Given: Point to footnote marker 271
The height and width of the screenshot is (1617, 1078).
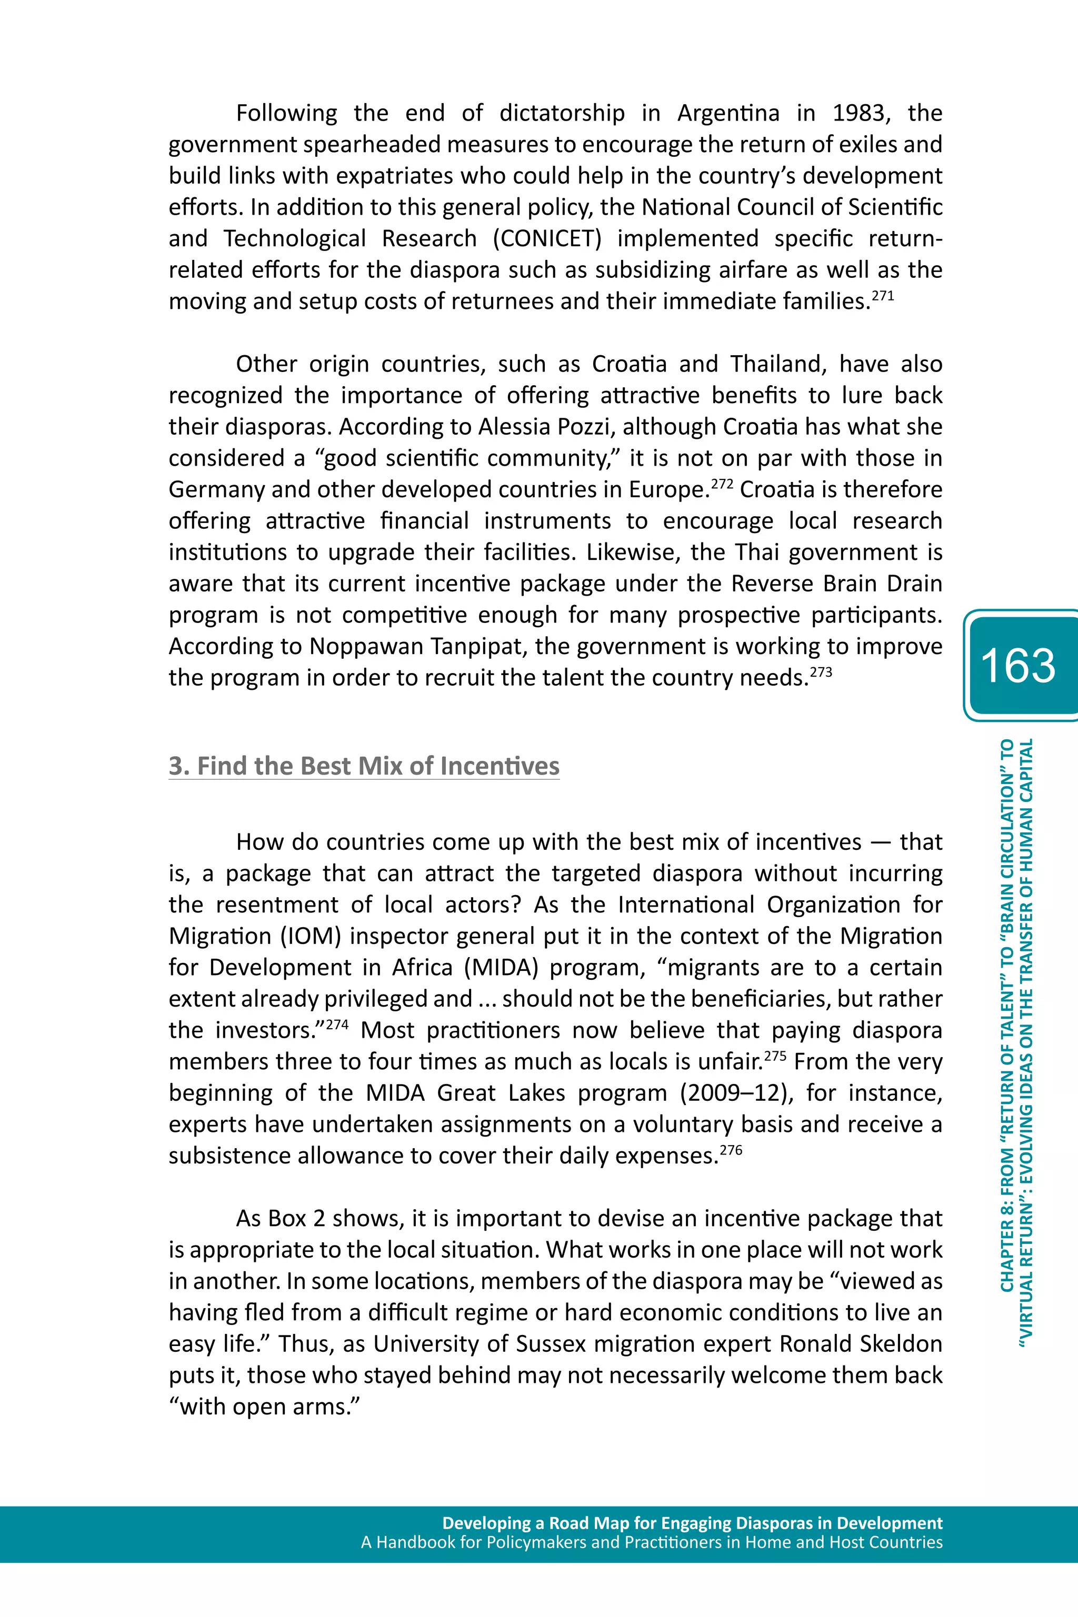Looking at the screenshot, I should coord(883,296).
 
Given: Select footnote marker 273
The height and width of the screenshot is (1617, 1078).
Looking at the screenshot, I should coord(821,672).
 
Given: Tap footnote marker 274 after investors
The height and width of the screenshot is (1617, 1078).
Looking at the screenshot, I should coord(337,1024).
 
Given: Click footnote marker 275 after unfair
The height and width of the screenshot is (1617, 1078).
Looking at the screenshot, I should coord(775,1056).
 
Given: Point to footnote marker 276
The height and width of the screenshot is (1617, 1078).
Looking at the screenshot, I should coord(731,1150).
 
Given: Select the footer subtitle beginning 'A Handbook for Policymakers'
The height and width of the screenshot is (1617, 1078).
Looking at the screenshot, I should coord(652,1542).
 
